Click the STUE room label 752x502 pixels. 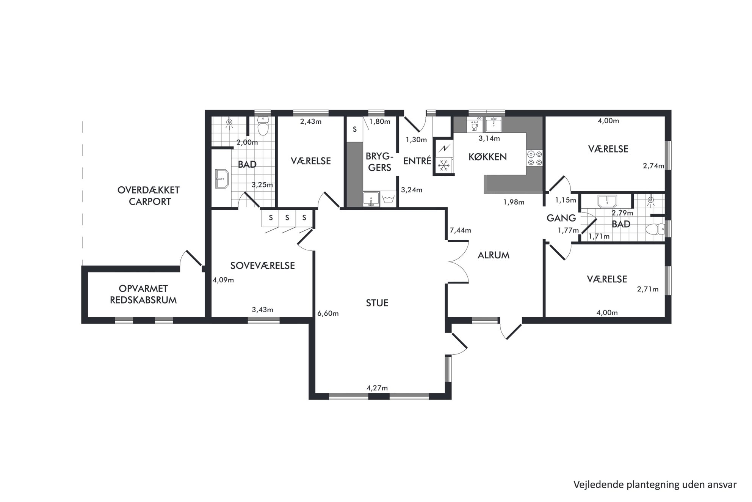point(377,303)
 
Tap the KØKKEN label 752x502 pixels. point(487,157)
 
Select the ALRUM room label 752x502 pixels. point(493,255)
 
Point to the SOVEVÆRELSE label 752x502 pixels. point(262,266)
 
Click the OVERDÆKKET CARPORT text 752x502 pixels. point(149,196)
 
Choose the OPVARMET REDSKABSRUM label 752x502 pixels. point(143,294)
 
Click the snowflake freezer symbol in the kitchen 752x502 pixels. point(443,165)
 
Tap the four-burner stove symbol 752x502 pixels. point(534,158)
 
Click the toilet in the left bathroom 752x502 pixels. point(263,126)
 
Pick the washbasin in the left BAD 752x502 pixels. point(221,179)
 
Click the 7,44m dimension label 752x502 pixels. point(460,230)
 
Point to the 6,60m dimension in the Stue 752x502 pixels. point(328,313)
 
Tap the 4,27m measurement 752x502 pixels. point(377,388)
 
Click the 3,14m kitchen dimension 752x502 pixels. point(489,138)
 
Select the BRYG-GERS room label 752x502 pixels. point(379,162)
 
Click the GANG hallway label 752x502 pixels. point(561,218)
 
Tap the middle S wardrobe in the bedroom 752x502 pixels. point(287,218)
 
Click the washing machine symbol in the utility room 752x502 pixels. point(389,199)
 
